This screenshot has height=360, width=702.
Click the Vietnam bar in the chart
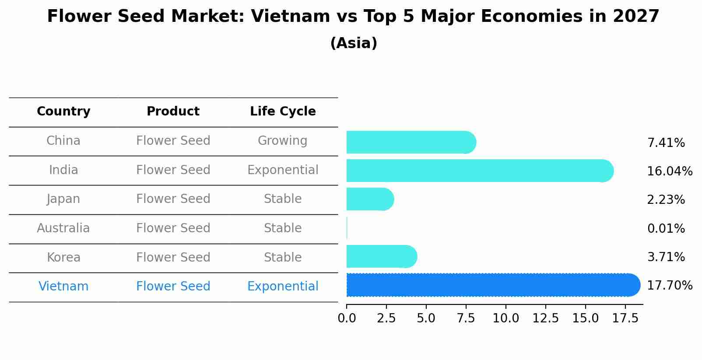coord(492,285)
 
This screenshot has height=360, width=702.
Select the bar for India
coord(479,171)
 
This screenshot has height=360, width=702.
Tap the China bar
coord(411,142)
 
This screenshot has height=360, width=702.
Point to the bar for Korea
coord(381,256)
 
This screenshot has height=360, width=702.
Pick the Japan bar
coord(370,199)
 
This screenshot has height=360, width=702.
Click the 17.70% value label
coord(670,286)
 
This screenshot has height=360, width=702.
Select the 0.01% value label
coord(666,228)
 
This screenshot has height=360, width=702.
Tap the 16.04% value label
coord(670,171)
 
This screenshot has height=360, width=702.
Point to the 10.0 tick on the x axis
coord(506,318)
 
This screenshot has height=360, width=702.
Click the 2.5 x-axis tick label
coord(386,318)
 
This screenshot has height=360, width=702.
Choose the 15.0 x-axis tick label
coord(586,318)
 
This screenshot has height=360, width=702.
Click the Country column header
coord(63,112)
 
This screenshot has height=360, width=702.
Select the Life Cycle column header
coord(283,112)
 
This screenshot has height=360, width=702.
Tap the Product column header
coord(173,112)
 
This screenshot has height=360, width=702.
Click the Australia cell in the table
coord(63,228)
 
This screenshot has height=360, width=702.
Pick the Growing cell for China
coord(283,141)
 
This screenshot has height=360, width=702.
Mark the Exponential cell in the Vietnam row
coord(283,287)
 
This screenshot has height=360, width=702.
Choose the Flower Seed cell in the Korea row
coord(173,257)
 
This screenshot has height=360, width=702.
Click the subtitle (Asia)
coord(354,43)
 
